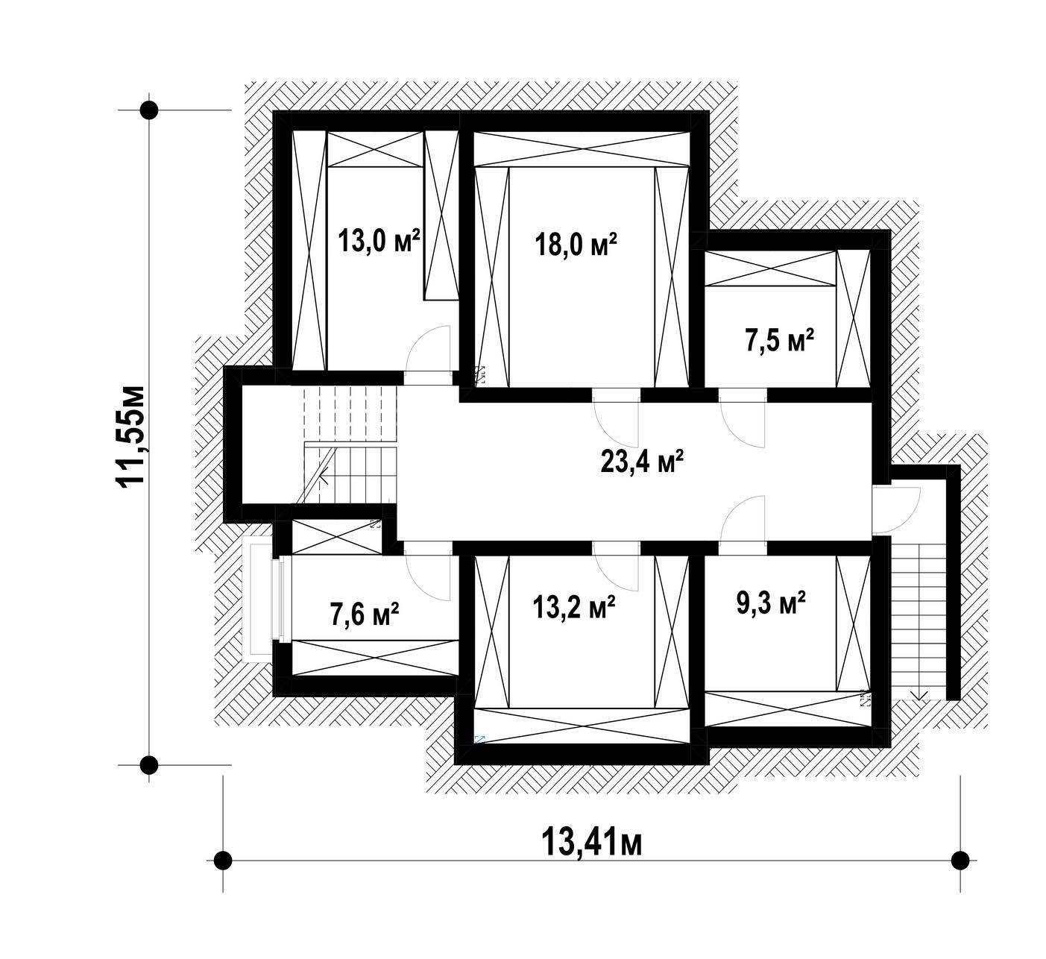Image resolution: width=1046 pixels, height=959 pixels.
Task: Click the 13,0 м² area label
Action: (379, 241)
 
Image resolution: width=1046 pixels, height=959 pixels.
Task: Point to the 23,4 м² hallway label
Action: (642, 462)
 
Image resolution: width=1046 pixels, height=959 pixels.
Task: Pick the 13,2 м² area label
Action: (573, 607)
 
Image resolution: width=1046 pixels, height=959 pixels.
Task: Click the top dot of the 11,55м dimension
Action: (150, 110)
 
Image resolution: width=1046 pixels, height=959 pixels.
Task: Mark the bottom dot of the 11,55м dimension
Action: (150, 765)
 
